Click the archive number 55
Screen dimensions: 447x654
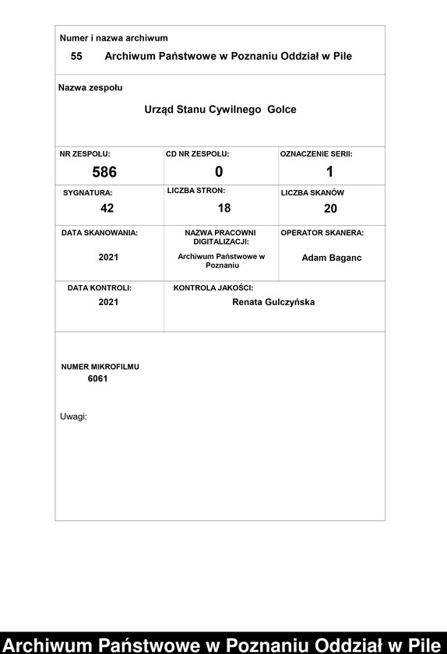pyautogui.click(x=76, y=56)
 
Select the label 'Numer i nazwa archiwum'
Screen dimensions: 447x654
pyautogui.click(x=114, y=38)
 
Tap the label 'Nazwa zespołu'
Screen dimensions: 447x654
pyautogui.click(x=90, y=88)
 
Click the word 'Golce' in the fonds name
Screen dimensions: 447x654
pyautogui.click(x=282, y=110)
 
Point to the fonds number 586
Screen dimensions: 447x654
pyautogui.click(x=104, y=172)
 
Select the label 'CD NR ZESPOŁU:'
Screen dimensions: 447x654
pyautogui.click(x=198, y=154)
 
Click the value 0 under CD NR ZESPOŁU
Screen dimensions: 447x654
pyautogui.click(x=219, y=172)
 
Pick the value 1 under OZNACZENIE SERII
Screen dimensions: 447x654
pyautogui.click(x=329, y=172)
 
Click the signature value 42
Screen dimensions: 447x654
pyautogui.click(x=107, y=208)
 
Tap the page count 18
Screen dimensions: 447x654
pyautogui.click(x=224, y=208)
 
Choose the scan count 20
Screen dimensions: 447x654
pyautogui.click(x=330, y=209)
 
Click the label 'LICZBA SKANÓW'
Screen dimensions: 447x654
pyautogui.click(x=312, y=192)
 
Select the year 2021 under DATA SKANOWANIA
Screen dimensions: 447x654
pyautogui.click(x=108, y=257)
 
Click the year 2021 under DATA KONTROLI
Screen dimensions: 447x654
pyautogui.click(x=108, y=302)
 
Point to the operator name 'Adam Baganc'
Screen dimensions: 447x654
pyautogui.click(x=331, y=258)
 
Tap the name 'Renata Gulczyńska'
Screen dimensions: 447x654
pyautogui.click(x=273, y=302)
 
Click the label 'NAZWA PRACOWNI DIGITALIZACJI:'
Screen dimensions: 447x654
pyautogui.click(x=220, y=237)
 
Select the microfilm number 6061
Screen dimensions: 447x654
pyautogui.click(x=97, y=379)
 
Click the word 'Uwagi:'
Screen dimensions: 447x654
pyautogui.click(x=73, y=417)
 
